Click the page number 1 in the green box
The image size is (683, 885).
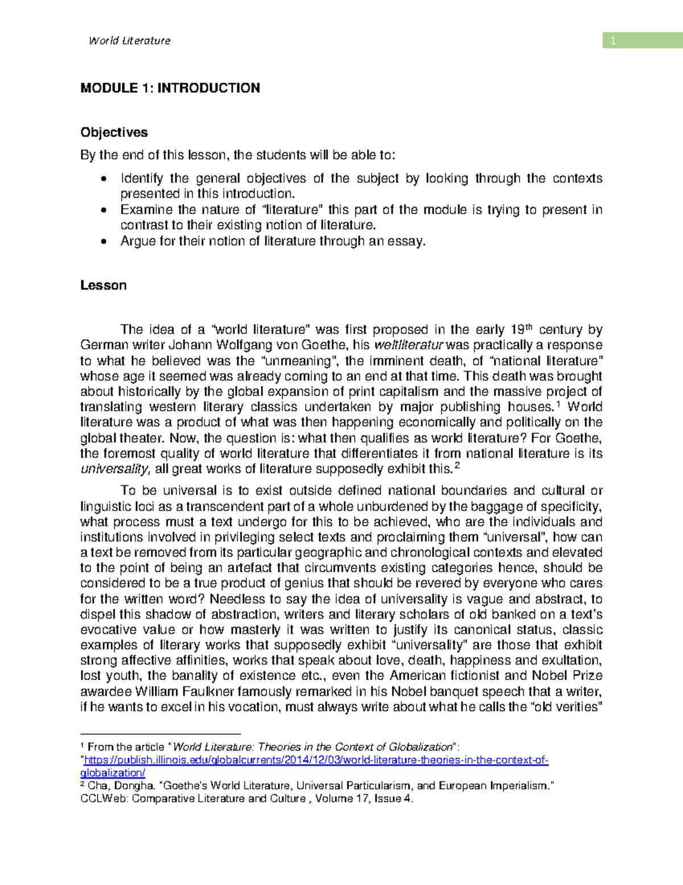tap(613, 40)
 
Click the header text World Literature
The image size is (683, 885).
tap(129, 40)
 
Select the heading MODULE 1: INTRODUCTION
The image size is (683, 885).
tap(170, 88)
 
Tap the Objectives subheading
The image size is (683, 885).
tap(114, 132)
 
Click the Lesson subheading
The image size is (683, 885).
tap(103, 285)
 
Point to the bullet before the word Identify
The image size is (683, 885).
tap(103, 179)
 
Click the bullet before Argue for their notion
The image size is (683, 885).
tap(103, 242)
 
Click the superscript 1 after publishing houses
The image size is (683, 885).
tap(558, 404)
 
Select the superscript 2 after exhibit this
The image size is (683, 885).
tap(458, 466)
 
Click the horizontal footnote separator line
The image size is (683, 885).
tap(161, 734)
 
